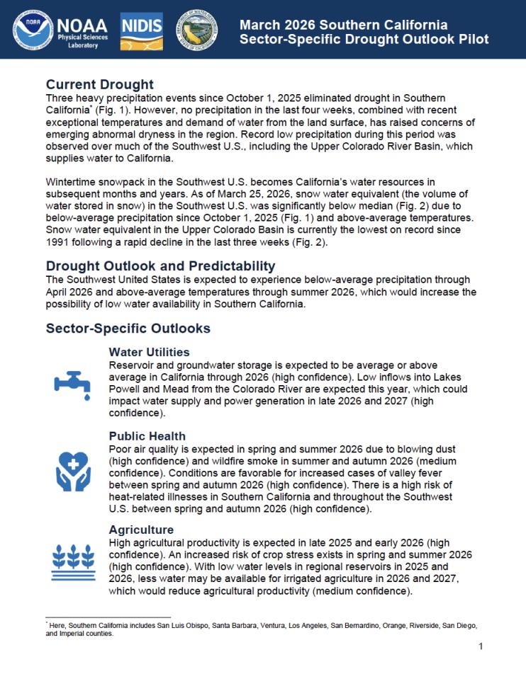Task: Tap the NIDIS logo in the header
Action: [142, 29]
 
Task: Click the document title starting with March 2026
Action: [364, 32]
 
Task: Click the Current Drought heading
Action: [99, 85]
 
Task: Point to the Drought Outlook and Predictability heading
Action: [160, 266]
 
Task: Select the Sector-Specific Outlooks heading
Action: [128, 329]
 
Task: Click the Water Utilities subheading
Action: [149, 352]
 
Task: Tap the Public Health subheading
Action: [147, 436]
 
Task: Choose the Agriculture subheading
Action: [141, 529]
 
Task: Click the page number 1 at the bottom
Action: [480, 646]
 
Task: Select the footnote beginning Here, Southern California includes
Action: [260, 629]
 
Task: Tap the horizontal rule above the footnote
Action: [108, 617]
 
